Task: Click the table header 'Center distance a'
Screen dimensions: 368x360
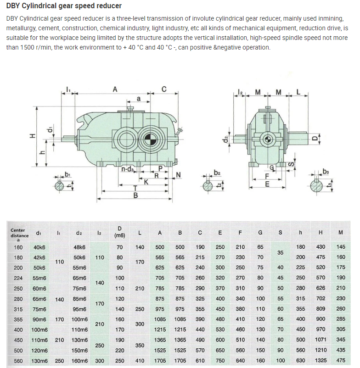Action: pyautogui.click(x=18, y=233)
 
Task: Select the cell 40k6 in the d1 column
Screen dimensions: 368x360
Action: pyautogui.click(x=39, y=247)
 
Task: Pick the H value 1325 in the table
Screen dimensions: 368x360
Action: pyautogui.click(x=320, y=361)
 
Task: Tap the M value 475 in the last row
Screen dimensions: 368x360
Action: pyautogui.click(x=340, y=361)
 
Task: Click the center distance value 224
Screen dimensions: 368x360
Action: pyautogui.click(x=18, y=278)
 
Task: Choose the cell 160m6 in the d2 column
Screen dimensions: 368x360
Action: pyautogui.click(x=79, y=361)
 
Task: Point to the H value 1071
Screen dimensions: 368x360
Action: pyautogui.click(x=320, y=340)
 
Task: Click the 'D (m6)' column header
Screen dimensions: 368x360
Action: pyautogui.click(x=119, y=232)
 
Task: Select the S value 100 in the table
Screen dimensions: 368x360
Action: pyautogui.click(x=281, y=361)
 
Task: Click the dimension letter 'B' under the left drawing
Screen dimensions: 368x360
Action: pyautogui.click(x=136, y=195)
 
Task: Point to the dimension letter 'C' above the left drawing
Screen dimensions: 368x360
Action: pyautogui.click(x=164, y=89)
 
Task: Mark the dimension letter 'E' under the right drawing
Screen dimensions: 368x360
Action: pyautogui.click(x=268, y=184)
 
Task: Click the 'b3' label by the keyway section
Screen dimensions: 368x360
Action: pyautogui.click(x=326, y=172)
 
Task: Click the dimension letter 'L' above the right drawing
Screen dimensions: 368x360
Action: pyautogui.click(x=298, y=92)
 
